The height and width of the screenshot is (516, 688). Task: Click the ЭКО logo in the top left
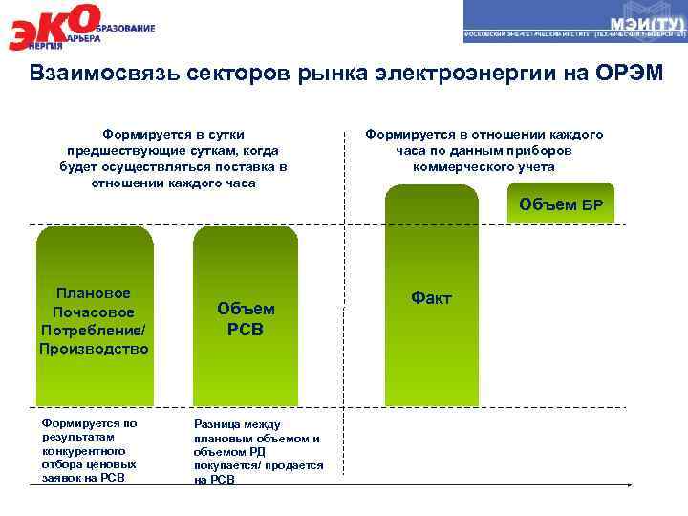coord(57,27)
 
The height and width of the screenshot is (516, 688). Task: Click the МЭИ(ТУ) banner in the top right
coord(574,22)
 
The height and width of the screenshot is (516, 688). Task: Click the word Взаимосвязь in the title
coord(90,75)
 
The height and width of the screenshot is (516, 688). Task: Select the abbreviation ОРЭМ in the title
coord(626,75)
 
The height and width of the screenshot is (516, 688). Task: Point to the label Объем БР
coord(561,204)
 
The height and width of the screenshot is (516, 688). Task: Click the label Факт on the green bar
coord(431,298)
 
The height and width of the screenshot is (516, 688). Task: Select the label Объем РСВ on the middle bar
coord(246,319)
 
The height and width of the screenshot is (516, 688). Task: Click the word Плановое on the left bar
coord(94,292)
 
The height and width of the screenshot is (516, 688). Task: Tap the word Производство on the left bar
coord(94,349)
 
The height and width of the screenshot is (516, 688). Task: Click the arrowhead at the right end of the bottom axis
coord(628,485)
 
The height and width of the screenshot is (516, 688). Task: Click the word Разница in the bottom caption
coord(216,423)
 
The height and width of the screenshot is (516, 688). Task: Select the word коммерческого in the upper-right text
coord(458,167)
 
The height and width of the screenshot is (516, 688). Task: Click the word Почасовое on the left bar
coord(94,312)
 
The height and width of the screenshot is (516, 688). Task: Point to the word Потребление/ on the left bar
coord(94,330)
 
